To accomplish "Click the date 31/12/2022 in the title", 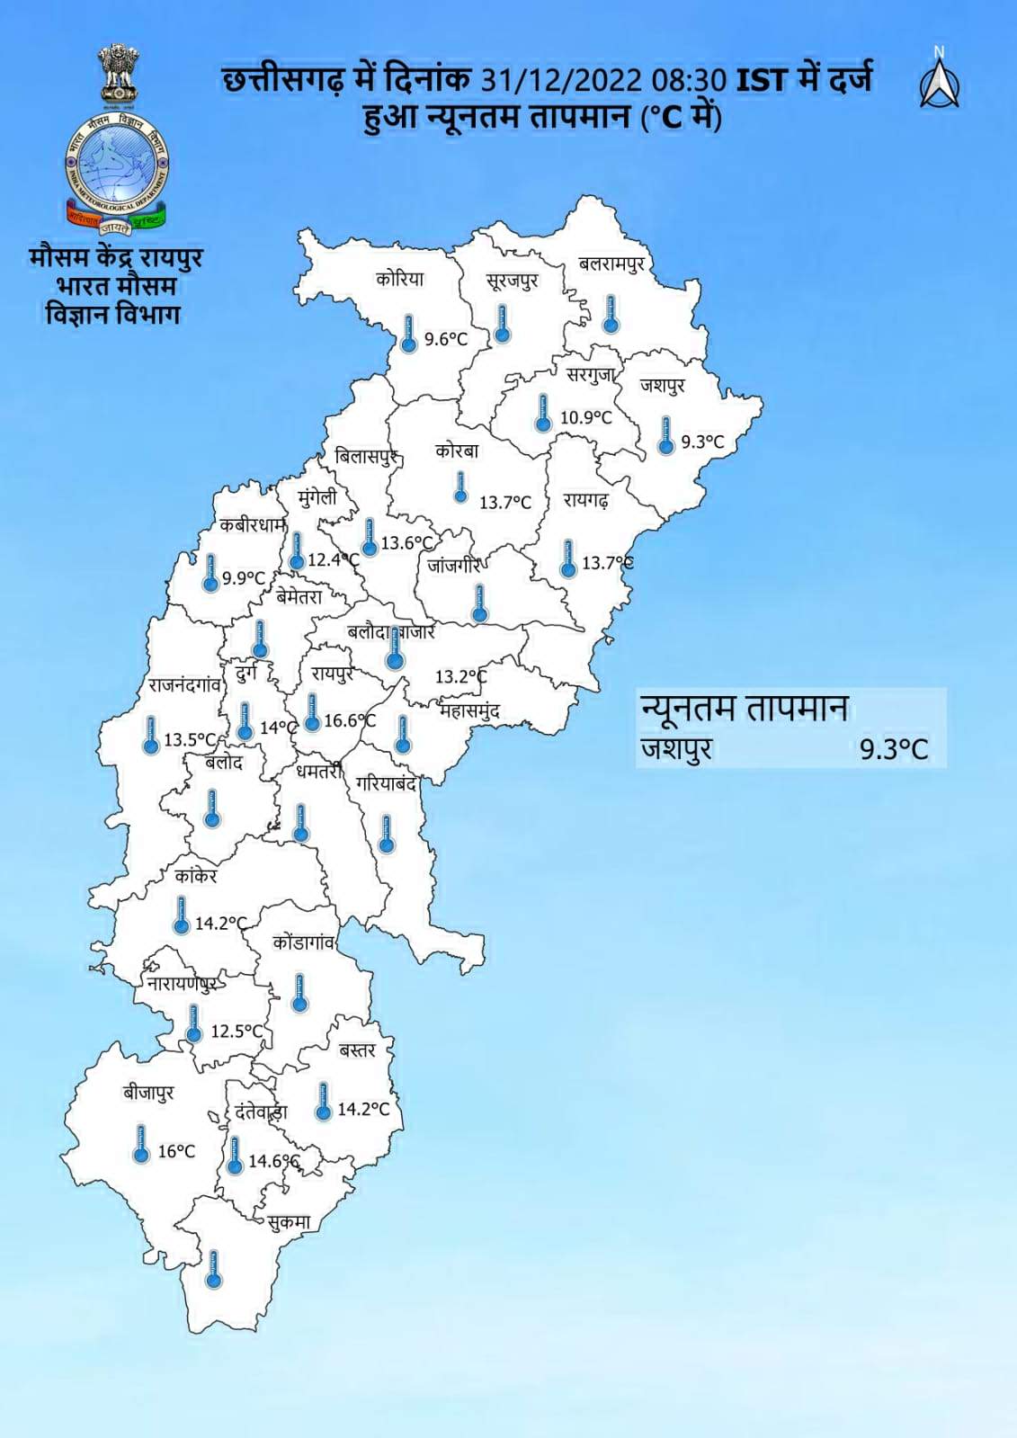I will pyautogui.click(x=561, y=81).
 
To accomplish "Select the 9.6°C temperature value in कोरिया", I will pyautogui.click(x=446, y=339).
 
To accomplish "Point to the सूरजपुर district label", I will pyautogui.click(x=513, y=281).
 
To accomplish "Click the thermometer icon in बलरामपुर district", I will pyautogui.click(x=611, y=314).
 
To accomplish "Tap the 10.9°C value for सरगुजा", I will pyautogui.click(x=585, y=417).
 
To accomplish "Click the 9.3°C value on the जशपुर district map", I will pyautogui.click(x=702, y=442).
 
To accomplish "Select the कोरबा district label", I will pyautogui.click(x=457, y=451).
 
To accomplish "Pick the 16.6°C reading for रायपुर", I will pyautogui.click(x=350, y=720).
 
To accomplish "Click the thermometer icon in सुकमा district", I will pyautogui.click(x=213, y=1269).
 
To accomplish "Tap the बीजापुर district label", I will pyautogui.click(x=148, y=1093).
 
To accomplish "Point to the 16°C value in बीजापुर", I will pyautogui.click(x=176, y=1151).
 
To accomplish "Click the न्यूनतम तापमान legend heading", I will pyautogui.click(x=744, y=708).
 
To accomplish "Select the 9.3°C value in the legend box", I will pyautogui.click(x=893, y=749).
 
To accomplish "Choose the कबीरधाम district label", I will pyautogui.click(x=253, y=526).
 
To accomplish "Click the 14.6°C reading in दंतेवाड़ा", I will pyautogui.click(x=273, y=1161).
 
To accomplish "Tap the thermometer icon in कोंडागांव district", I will pyautogui.click(x=300, y=992).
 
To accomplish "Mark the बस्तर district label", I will pyautogui.click(x=357, y=1049).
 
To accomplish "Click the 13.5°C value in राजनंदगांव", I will pyautogui.click(x=190, y=740).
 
